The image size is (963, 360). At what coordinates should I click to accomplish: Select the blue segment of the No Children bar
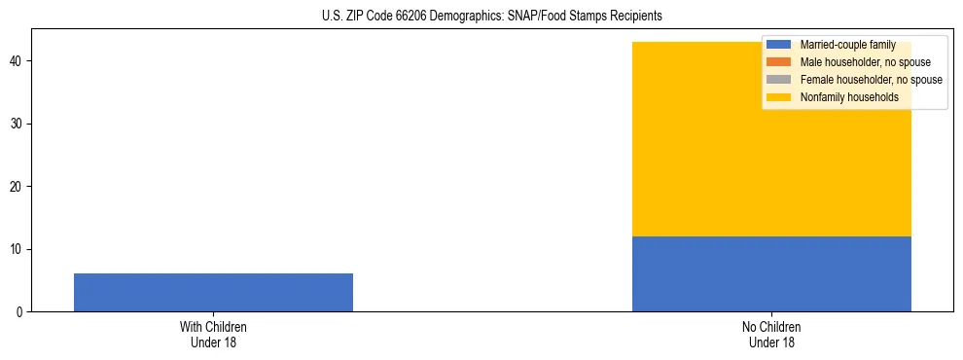coord(771,273)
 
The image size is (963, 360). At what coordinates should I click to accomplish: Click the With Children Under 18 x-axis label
coord(213,334)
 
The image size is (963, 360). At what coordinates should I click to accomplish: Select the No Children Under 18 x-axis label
coord(771,334)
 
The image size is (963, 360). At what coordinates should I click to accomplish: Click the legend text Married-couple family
coord(847,46)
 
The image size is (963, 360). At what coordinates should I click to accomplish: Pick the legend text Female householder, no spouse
coord(871,80)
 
